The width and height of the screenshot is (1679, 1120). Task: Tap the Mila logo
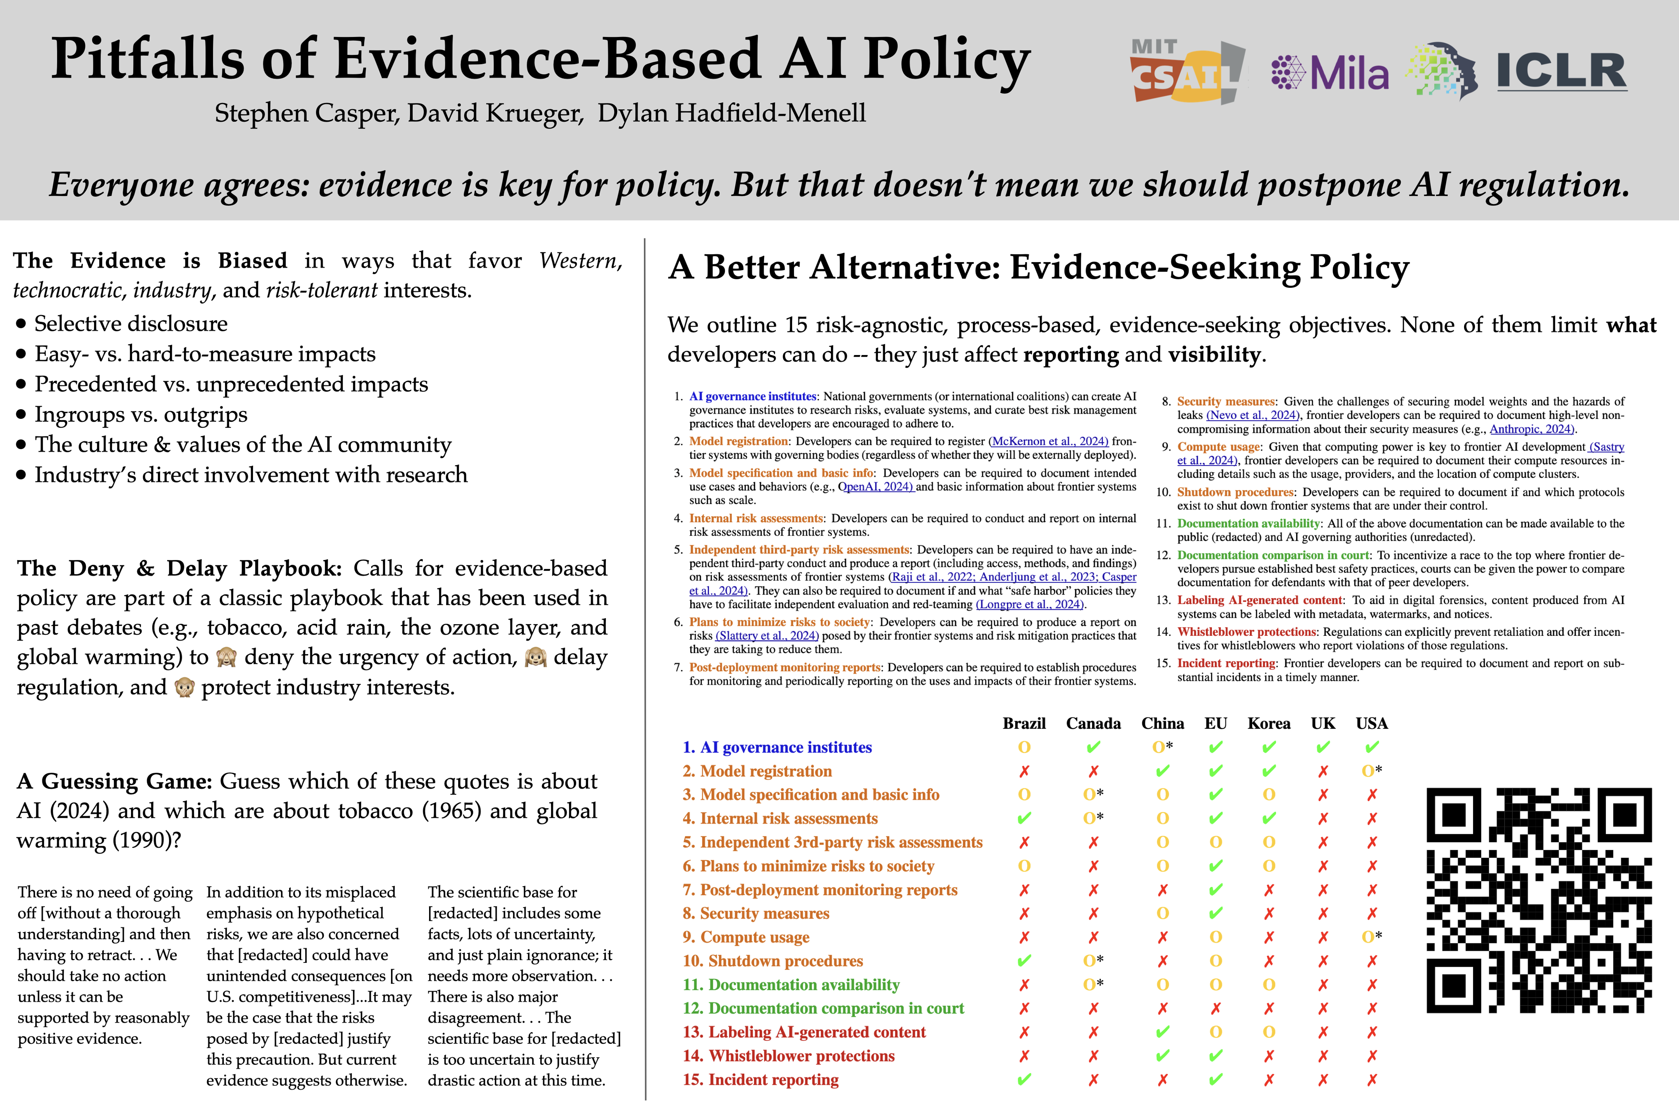(x=1330, y=73)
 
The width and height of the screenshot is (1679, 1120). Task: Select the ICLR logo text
(x=1562, y=72)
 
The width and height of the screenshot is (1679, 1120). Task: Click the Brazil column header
(x=1024, y=724)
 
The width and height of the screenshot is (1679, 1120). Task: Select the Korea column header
(x=1269, y=724)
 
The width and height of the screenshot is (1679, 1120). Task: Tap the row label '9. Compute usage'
(x=746, y=937)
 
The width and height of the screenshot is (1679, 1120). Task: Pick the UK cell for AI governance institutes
(x=1323, y=747)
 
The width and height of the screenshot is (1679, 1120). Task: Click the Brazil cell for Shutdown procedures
(x=1024, y=961)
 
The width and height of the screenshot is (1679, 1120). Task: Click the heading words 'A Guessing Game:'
(x=114, y=781)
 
